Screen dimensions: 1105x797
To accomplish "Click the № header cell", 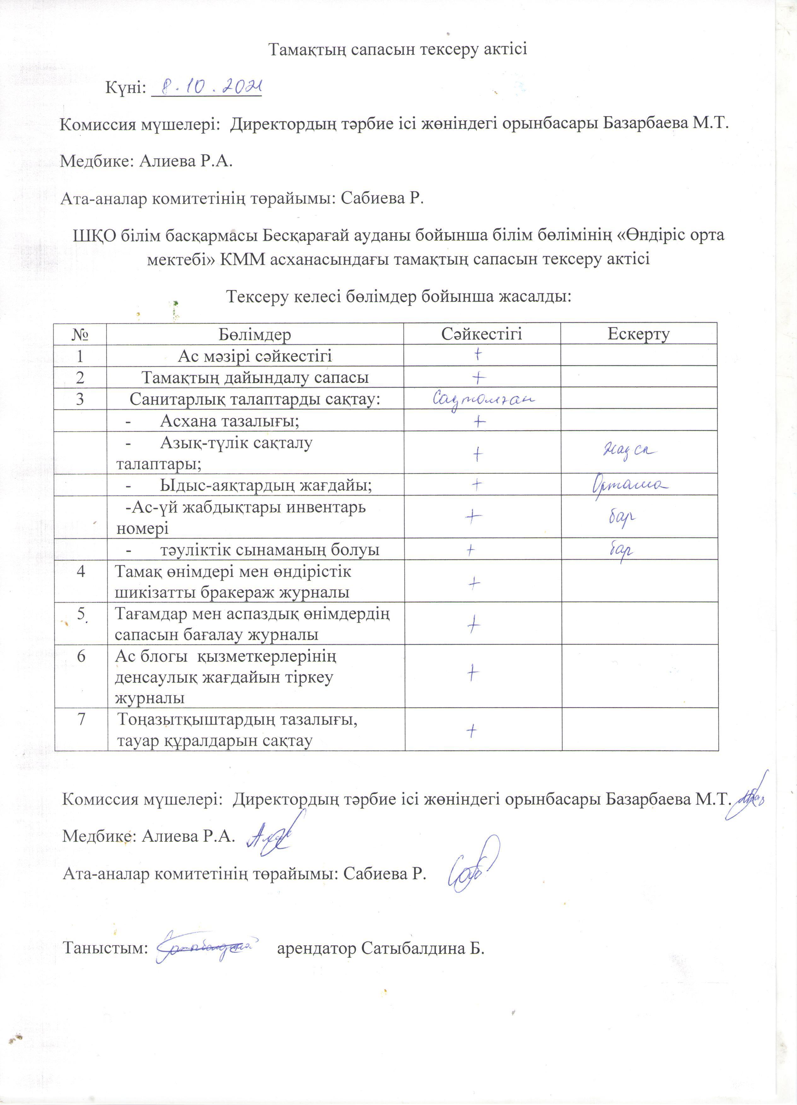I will coord(80,335).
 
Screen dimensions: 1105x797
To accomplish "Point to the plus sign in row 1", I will coord(479,355).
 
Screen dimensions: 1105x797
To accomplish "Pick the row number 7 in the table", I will coord(81,719).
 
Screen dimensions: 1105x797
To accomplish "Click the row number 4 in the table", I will coord(81,571).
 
